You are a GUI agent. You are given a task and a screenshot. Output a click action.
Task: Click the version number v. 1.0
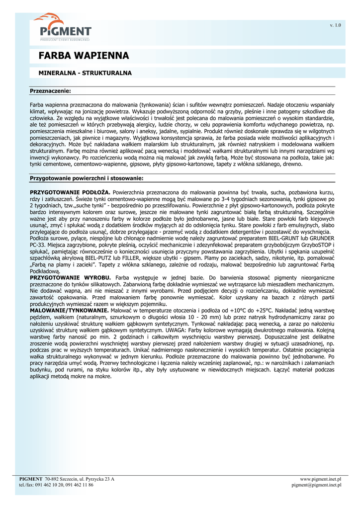[x=336, y=25]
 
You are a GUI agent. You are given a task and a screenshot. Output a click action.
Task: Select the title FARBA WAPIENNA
[x=84, y=55]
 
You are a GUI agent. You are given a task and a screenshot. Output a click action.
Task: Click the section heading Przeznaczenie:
[x=50, y=91]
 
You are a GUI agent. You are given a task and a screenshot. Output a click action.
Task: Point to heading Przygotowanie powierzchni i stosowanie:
[x=87, y=177]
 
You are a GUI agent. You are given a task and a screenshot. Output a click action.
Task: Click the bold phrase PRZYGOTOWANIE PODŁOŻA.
[x=70, y=192]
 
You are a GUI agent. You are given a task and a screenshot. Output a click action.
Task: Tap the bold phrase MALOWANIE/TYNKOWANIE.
[x=69, y=310]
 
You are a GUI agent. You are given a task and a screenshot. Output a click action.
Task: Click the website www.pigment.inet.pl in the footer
[x=321, y=479]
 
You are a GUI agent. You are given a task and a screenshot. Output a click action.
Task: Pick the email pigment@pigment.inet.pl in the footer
[x=317, y=485]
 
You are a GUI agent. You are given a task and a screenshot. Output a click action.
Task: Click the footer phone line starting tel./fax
[x=56, y=485]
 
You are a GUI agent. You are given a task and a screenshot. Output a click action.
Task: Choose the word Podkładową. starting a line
[x=45, y=272]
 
